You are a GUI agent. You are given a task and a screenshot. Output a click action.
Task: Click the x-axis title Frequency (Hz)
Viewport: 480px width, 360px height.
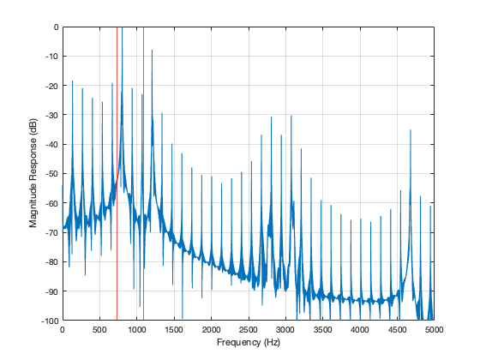248,343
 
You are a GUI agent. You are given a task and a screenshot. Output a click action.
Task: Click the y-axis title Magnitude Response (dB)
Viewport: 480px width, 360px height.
33,173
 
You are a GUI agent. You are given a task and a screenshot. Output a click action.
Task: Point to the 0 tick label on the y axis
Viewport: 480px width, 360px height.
55,27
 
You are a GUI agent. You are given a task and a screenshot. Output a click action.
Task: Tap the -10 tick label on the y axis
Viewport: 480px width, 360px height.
51,57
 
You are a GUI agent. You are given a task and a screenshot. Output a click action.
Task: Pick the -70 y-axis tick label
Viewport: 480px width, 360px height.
51,232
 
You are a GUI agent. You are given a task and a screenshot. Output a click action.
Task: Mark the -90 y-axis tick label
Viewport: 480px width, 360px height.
51,291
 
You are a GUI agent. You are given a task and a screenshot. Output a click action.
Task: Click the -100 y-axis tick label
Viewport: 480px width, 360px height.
50,321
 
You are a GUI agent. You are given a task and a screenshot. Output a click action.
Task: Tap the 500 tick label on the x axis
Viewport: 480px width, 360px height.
99,329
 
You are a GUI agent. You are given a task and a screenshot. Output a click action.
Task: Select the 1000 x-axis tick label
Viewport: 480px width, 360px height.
136,329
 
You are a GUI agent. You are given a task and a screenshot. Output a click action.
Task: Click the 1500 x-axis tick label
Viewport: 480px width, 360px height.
174,329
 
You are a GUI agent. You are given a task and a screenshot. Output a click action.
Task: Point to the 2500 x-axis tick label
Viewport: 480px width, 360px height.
248,329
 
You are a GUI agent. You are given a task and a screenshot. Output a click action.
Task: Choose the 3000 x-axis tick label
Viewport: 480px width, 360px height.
285,329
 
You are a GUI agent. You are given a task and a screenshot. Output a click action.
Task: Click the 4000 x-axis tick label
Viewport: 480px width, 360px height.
360,329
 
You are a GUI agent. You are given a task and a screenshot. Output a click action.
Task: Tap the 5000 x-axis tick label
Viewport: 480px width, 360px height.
434,329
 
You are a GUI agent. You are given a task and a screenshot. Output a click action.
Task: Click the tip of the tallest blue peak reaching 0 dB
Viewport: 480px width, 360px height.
122,28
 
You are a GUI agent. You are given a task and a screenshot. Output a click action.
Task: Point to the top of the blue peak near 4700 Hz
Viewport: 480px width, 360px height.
411,129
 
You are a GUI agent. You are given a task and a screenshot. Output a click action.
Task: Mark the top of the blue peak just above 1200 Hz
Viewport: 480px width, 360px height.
152,50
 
